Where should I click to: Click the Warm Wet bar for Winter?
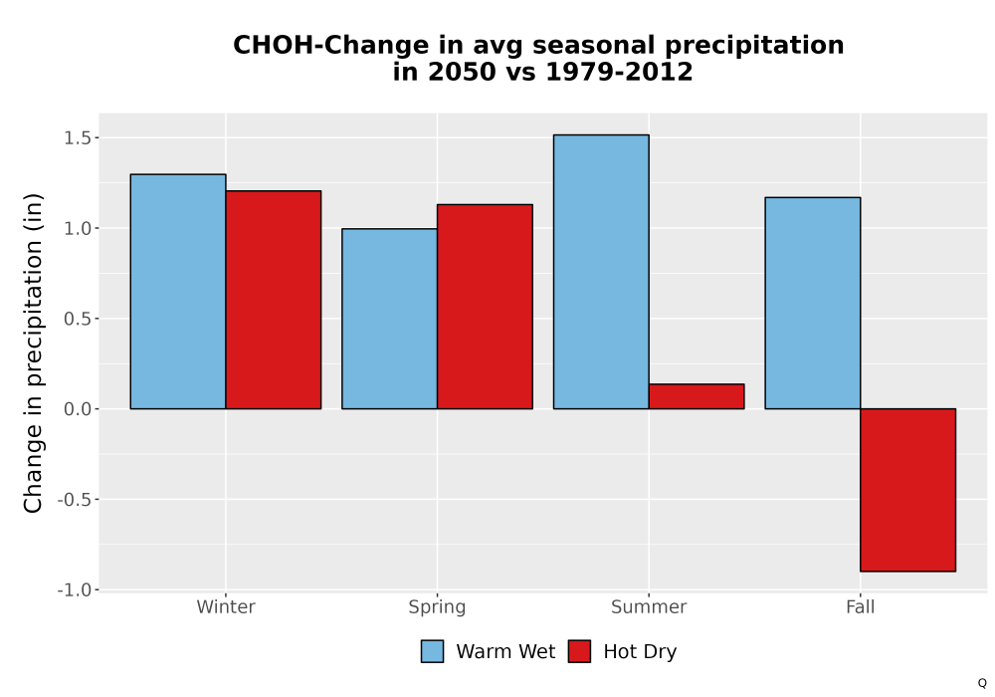click(x=178, y=292)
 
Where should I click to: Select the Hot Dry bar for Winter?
click(x=274, y=300)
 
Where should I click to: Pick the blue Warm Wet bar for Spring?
click(x=390, y=319)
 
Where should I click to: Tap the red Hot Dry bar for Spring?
click(x=485, y=307)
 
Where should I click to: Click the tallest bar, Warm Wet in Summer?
click(x=601, y=272)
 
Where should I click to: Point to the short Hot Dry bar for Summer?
click(x=696, y=396)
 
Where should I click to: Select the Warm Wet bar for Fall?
click(x=813, y=303)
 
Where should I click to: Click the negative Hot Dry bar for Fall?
click(x=908, y=490)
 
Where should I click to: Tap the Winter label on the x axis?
click(x=226, y=606)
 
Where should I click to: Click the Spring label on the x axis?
click(x=437, y=607)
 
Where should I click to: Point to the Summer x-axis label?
click(x=649, y=606)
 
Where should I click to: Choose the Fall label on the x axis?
click(x=861, y=606)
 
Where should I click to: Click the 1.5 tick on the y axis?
click(x=78, y=137)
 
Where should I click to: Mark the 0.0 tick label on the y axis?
click(x=78, y=409)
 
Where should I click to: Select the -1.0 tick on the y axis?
click(x=75, y=589)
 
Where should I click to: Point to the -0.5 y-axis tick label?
click(x=75, y=500)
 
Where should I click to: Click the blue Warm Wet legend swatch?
click(x=432, y=651)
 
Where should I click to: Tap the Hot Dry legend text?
click(x=640, y=652)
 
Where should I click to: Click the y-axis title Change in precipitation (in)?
click(x=33, y=352)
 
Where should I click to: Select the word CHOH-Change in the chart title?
click(x=331, y=46)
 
